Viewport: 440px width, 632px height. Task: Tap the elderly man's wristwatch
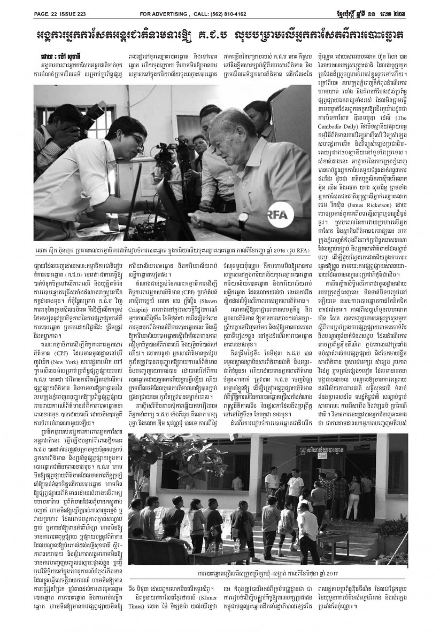pyautogui.click(x=242, y=217)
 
